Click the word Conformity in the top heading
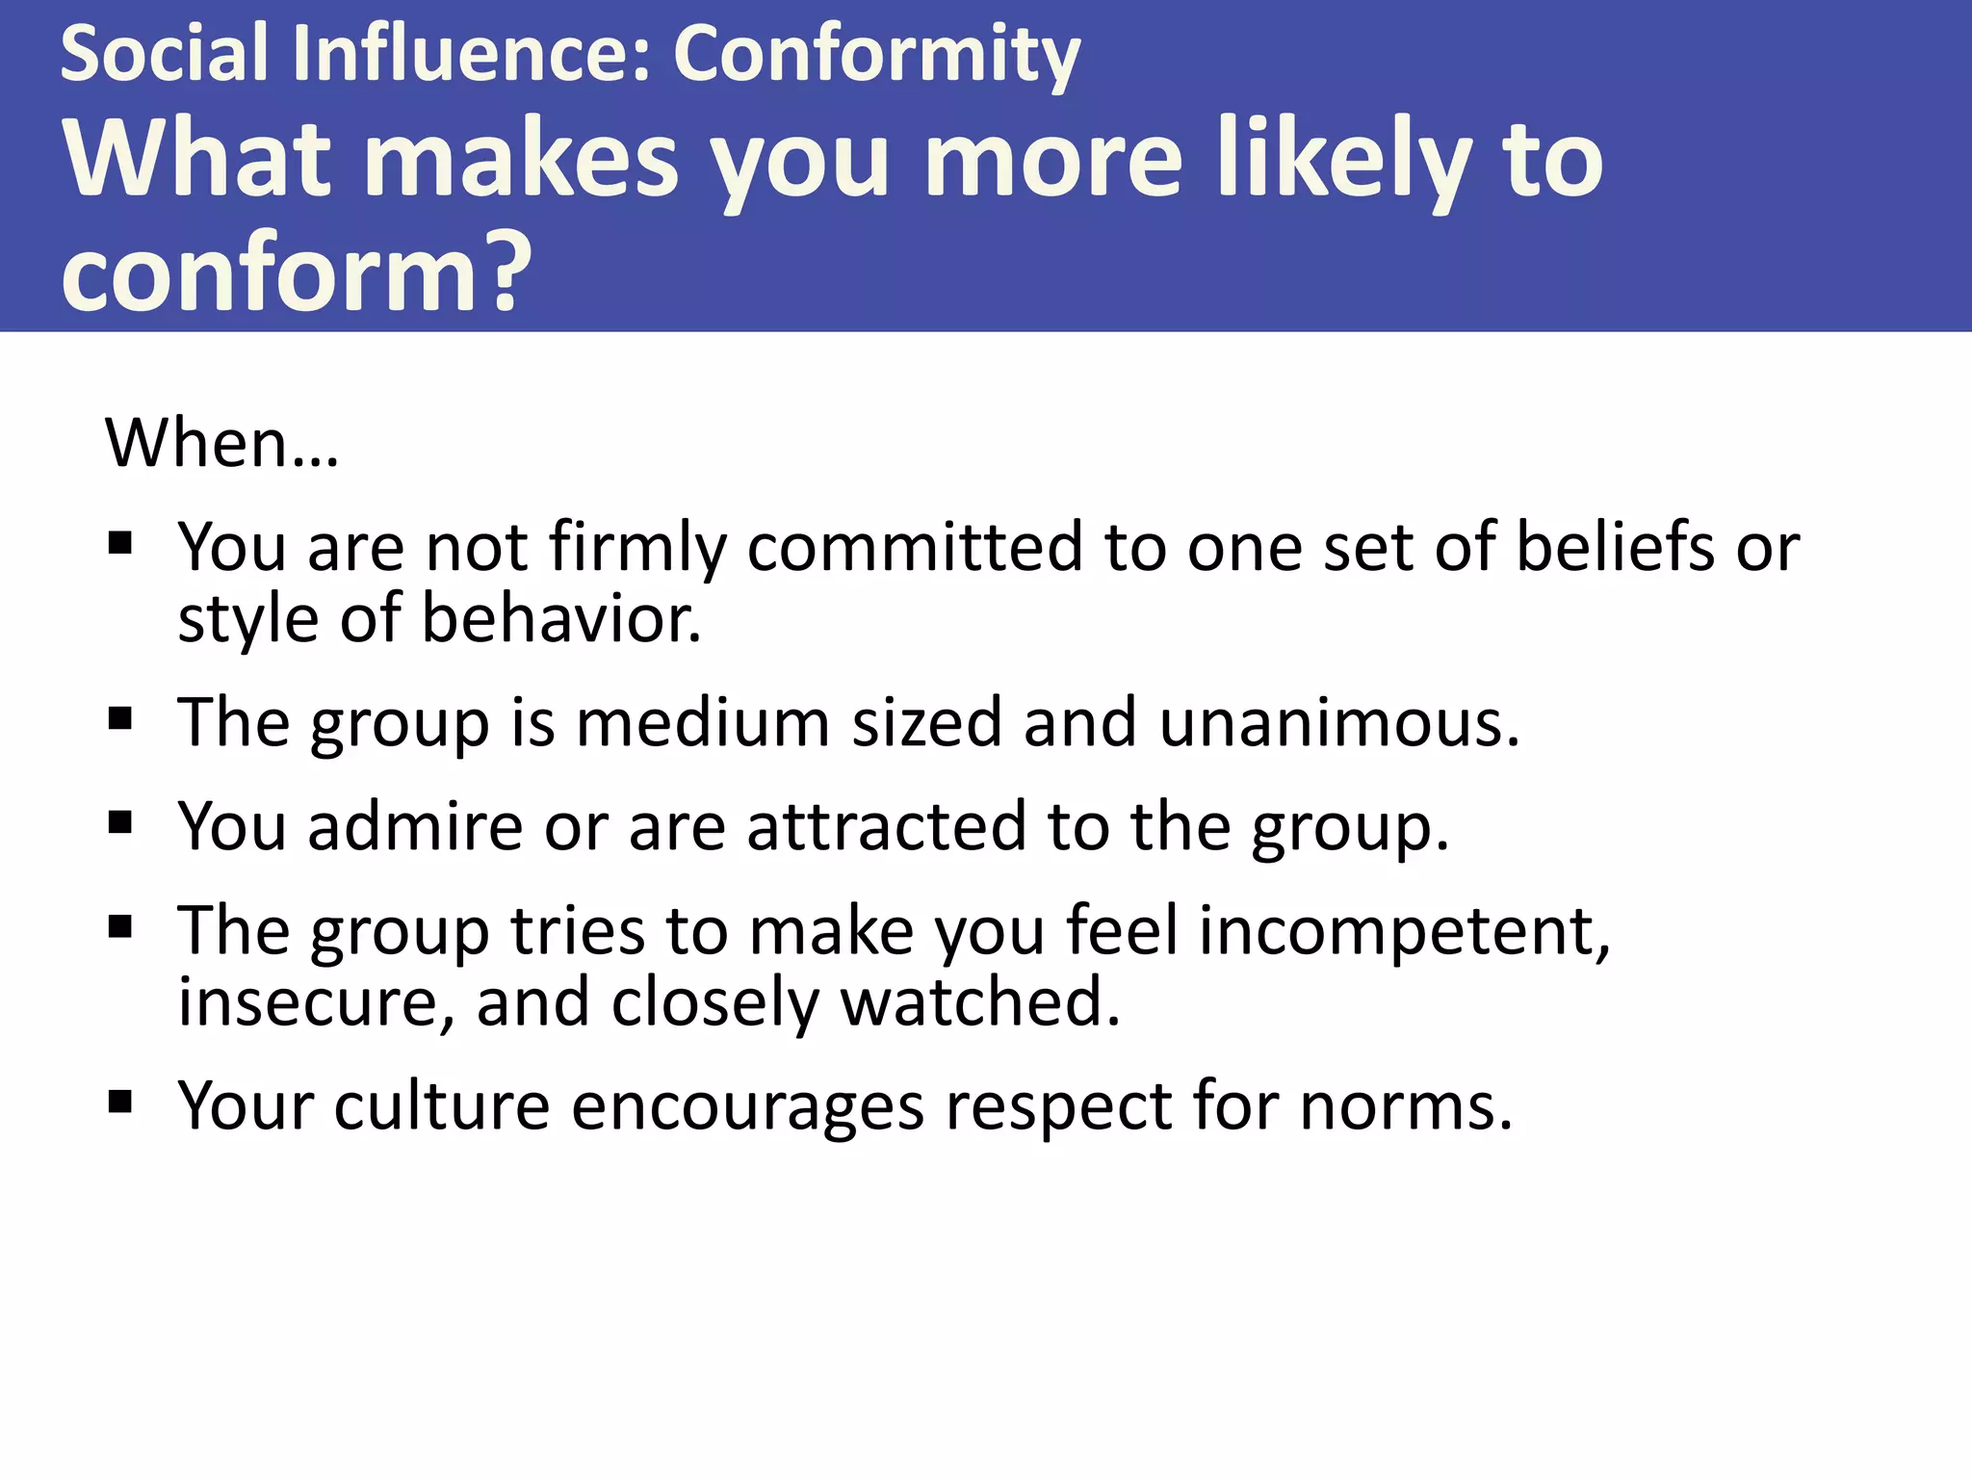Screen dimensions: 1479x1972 (x=876, y=55)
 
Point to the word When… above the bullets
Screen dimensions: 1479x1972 (x=221, y=444)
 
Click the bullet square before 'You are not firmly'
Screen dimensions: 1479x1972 (x=120, y=545)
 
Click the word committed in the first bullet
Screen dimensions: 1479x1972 (x=914, y=547)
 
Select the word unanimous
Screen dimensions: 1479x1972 (x=1338, y=723)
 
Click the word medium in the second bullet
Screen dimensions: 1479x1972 (x=702, y=723)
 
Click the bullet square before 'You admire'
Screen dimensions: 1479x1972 (x=120, y=823)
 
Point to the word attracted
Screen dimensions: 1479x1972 (x=886, y=827)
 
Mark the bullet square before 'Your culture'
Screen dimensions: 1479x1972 (x=120, y=1102)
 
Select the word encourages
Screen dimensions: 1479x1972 (x=747, y=1106)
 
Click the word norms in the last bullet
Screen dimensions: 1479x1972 (x=1405, y=1106)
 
